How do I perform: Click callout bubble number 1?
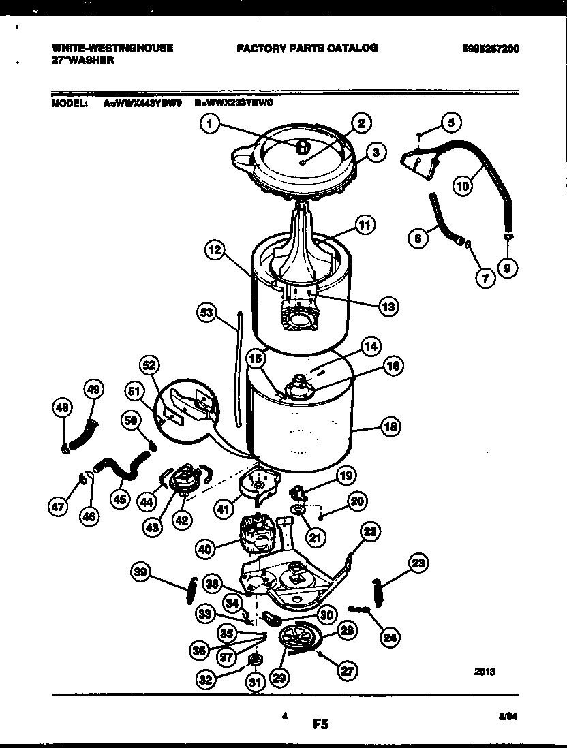click(211, 123)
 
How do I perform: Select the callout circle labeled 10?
click(463, 185)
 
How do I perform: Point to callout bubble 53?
click(206, 313)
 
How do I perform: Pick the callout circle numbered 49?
click(93, 389)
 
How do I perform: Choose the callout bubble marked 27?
click(348, 670)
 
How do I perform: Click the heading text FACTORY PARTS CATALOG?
click(307, 48)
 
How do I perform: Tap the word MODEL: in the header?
click(69, 104)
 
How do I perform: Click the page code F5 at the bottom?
click(321, 726)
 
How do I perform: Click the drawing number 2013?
click(485, 672)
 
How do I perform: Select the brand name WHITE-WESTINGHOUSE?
click(112, 48)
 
